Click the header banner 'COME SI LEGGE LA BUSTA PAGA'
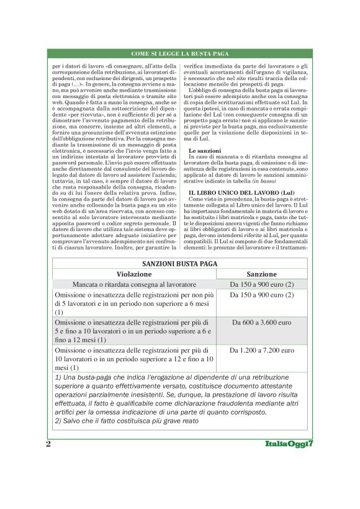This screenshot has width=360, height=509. pyautogui.click(x=180, y=54)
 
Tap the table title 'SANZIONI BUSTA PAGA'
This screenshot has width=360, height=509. pyautogui.click(x=179, y=263)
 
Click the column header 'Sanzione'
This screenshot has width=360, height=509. pyautogui.click(x=261, y=274)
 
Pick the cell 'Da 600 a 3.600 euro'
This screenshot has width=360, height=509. pyautogui.click(x=261, y=323)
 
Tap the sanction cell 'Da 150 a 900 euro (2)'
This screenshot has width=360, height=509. pyautogui.click(x=261, y=284)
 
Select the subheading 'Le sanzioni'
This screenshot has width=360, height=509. pyautogui.click(x=203, y=151)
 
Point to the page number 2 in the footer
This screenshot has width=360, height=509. pyautogui.click(x=48, y=444)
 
